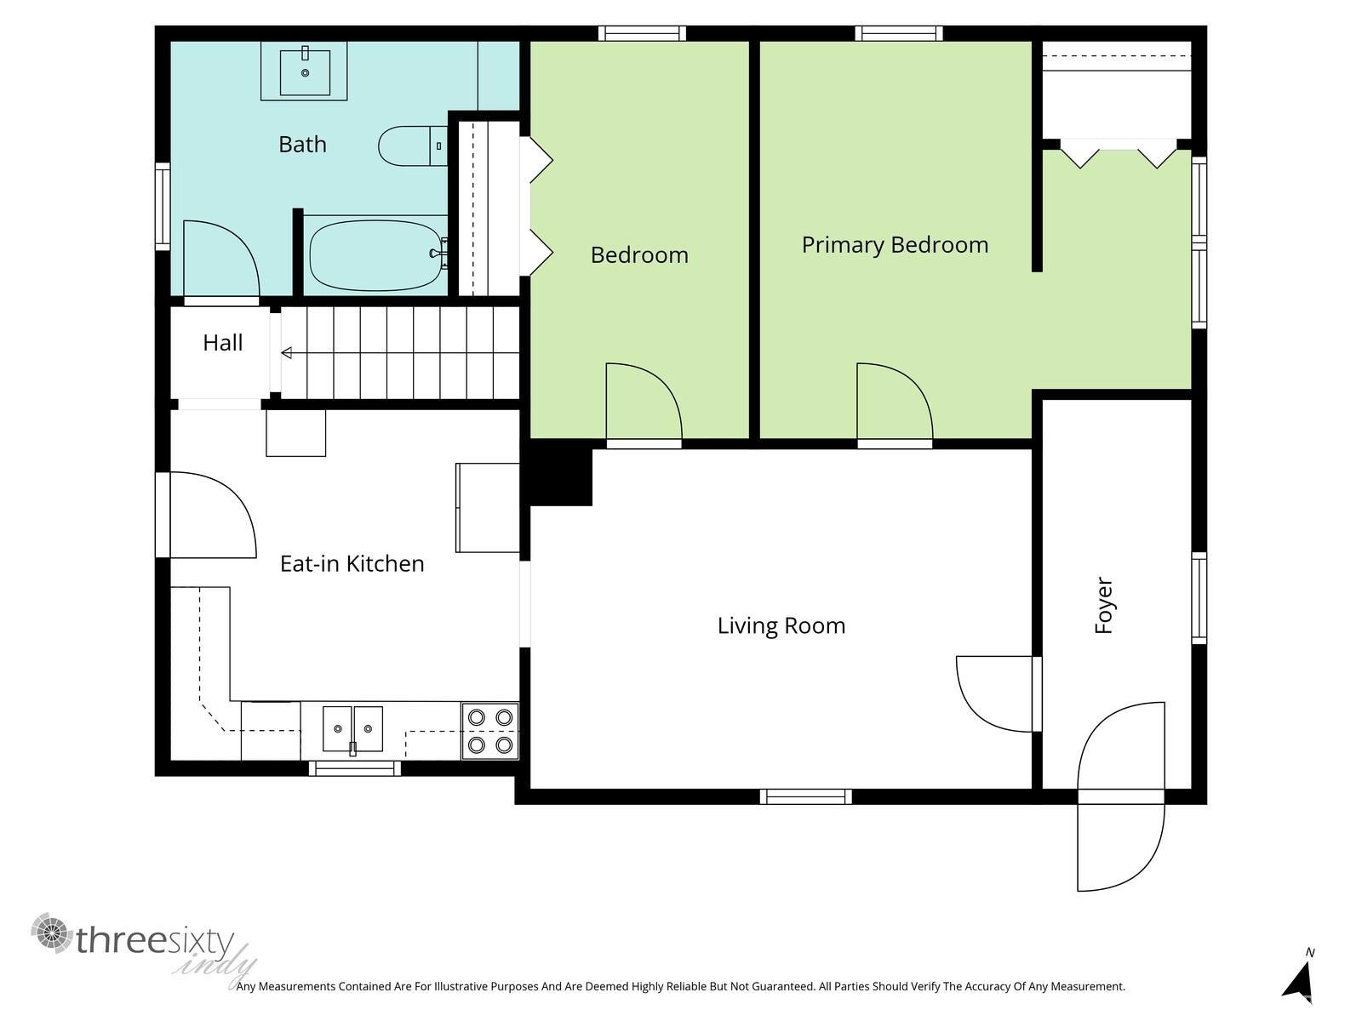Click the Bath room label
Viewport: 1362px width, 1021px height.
[302, 145]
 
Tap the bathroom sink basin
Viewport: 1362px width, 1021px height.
[305, 72]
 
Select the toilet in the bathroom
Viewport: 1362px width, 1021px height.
[413, 146]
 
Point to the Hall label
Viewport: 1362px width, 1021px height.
[223, 343]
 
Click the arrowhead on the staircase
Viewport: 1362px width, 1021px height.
[287, 353]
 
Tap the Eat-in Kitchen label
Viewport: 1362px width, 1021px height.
[352, 563]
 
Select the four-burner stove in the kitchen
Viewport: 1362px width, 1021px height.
[490, 731]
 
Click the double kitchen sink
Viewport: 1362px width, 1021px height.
[352, 729]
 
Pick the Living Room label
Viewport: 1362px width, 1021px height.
[781, 625]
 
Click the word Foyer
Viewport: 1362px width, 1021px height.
[1103, 605]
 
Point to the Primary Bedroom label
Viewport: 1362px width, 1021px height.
[895, 245]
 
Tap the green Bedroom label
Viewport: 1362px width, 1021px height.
[639, 254]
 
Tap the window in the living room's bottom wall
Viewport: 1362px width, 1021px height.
[805, 796]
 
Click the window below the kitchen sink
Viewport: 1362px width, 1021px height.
[355, 768]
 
